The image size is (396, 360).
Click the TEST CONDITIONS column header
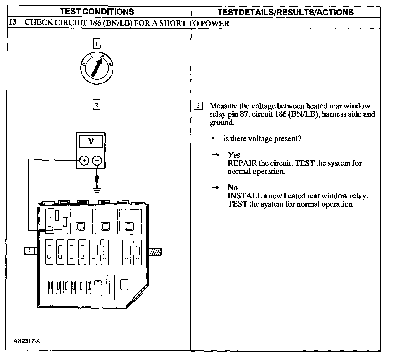[97, 12]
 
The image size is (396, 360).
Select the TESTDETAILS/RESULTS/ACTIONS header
[286, 12]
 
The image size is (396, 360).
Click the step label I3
[12, 23]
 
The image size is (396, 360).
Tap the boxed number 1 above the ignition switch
[97, 44]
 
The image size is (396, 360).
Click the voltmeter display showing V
[91, 141]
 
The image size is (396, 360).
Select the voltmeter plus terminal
[84, 161]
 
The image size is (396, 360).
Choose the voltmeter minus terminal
[97, 161]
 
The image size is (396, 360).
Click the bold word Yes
[234, 155]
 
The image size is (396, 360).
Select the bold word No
[233, 188]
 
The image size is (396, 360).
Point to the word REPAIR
[242, 163]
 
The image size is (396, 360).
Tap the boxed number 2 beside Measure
[198, 105]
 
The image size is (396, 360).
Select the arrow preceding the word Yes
[215, 155]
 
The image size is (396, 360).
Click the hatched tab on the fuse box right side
[155, 252]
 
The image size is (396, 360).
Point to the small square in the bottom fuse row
[124, 285]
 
